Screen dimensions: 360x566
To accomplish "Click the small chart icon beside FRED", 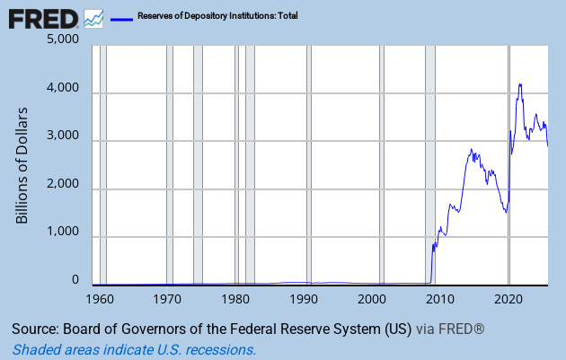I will [93, 18].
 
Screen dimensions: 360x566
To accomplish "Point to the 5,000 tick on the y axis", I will [62, 40].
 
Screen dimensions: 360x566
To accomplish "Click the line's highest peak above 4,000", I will [520, 84].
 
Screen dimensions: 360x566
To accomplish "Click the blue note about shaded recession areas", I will [134, 350].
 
